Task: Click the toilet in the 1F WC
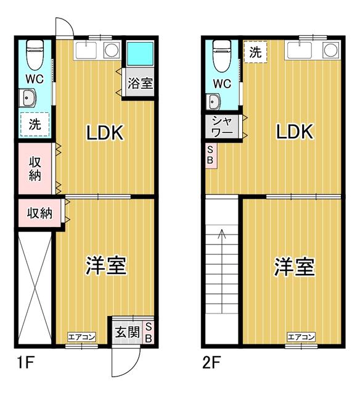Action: click(35, 54)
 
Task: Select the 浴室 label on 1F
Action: click(140, 83)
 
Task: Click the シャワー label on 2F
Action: click(222, 127)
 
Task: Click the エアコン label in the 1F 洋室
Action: click(81, 336)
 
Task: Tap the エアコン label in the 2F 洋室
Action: click(301, 336)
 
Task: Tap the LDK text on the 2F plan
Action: click(295, 131)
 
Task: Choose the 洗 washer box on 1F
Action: click(35, 123)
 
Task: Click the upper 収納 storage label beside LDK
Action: click(35, 167)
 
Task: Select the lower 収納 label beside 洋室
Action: click(38, 214)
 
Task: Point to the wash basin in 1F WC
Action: click(28, 98)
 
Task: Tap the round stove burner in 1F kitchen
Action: click(111, 51)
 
